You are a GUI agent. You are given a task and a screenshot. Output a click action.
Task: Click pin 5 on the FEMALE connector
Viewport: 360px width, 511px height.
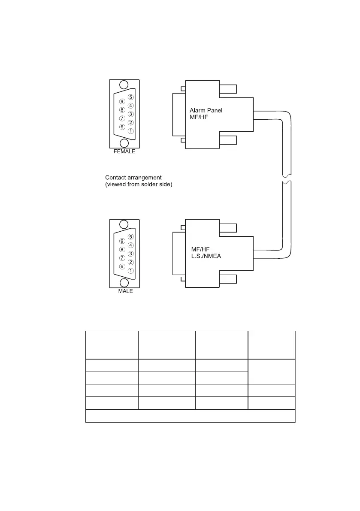click(x=131, y=97)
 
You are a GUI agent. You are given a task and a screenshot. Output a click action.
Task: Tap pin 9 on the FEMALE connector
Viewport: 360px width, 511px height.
click(x=122, y=102)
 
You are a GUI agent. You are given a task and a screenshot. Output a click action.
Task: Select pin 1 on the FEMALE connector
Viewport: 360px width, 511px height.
click(x=131, y=131)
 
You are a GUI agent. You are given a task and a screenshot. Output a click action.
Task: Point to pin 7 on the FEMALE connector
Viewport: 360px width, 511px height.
click(x=122, y=118)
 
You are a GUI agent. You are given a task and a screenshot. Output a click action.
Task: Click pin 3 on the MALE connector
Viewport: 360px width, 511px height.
click(x=131, y=254)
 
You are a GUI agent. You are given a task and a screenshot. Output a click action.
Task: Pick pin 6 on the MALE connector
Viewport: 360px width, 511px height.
click(x=122, y=266)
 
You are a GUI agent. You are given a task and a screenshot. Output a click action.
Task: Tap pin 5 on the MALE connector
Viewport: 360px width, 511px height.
click(x=131, y=236)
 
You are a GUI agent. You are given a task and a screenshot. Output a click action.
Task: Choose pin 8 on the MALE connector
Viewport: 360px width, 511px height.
click(x=122, y=249)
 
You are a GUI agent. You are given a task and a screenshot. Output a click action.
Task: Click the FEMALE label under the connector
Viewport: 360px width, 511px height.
click(x=124, y=151)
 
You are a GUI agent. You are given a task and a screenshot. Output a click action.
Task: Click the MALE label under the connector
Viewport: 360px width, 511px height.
click(x=125, y=291)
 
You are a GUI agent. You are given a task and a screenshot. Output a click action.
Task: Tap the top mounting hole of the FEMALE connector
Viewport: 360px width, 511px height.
click(x=124, y=85)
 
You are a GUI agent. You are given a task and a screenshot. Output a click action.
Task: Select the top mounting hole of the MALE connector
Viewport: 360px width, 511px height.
click(x=124, y=224)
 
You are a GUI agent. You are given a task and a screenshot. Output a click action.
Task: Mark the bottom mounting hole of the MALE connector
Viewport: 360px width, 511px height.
click(x=124, y=283)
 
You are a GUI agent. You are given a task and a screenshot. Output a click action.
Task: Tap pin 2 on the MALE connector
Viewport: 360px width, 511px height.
click(x=131, y=262)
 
